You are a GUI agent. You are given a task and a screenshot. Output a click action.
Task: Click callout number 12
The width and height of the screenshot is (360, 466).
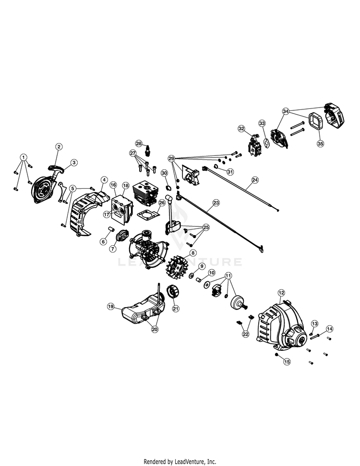pyautogui.click(x=281, y=292)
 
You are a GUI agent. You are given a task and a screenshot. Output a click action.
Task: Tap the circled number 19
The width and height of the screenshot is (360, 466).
pyautogui.click(x=110, y=306)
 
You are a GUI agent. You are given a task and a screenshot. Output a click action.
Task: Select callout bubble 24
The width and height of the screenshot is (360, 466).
pyautogui.click(x=255, y=180)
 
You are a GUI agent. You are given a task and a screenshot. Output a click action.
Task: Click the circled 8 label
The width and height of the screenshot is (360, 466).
pyautogui.click(x=193, y=253)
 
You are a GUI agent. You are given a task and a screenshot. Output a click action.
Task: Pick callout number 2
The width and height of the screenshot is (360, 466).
pyautogui.click(x=59, y=147)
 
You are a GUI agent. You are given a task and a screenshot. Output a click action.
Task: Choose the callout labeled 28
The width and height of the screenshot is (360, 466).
pyautogui.click(x=138, y=143)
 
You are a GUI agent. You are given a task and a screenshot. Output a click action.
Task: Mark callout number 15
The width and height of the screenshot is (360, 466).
pyautogui.click(x=287, y=362)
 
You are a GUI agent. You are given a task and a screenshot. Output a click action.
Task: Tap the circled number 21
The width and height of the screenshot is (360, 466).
pyautogui.click(x=176, y=309)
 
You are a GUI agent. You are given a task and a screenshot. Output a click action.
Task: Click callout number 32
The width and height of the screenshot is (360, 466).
pyautogui.click(x=241, y=128)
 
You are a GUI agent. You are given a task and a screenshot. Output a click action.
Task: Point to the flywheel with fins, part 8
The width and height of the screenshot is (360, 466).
pyautogui.click(x=181, y=271)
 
